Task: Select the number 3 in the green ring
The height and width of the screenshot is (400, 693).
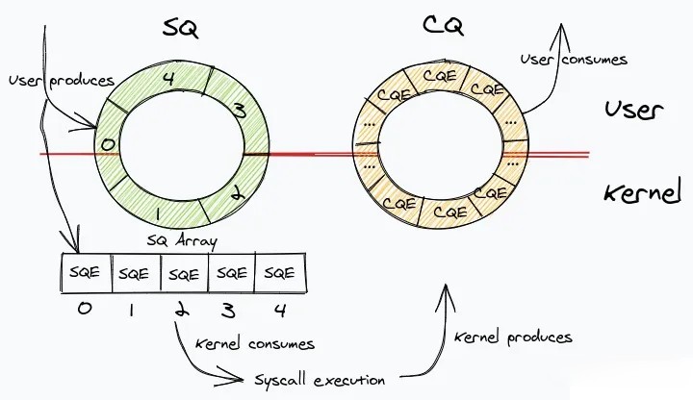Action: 239,112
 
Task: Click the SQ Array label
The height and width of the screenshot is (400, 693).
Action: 182,241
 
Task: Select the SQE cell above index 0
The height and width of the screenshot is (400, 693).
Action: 86,273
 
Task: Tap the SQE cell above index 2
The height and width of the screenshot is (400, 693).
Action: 183,273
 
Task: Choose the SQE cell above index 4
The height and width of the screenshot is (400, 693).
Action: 281,273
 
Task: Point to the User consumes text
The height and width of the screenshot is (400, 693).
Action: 574,59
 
